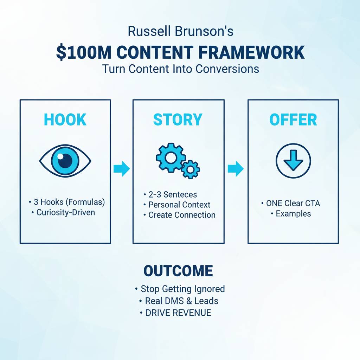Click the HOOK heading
[x=65, y=120]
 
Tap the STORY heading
[x=178, y=120]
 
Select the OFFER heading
[x=293, y=120]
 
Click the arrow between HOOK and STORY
[x=122, y=169]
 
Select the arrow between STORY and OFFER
[x=236, y=169]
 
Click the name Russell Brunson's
[x=180, y=32]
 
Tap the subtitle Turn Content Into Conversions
[x=180, y=69]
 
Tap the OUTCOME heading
[x=178, y=271]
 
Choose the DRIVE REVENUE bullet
[x=178, y=313]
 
